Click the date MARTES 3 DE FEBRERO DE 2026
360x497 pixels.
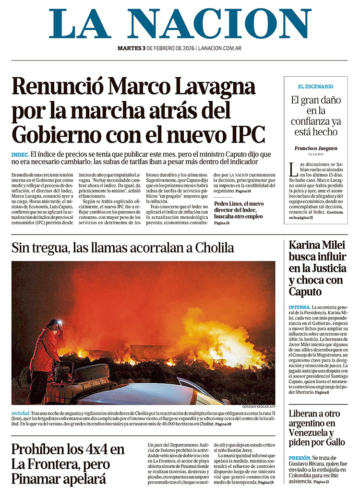[x=156, y=48]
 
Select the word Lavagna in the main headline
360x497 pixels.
[x=215, y=87]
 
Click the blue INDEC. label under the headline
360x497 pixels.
[x=20, y=155]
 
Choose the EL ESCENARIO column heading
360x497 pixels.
[x=315, y=87]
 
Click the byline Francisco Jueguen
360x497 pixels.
[x=315, y=148]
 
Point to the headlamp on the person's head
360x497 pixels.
[x=58, y=322]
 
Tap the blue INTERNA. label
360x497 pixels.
[x=300, y=307]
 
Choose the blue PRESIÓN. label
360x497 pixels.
[x=300, y=458]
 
